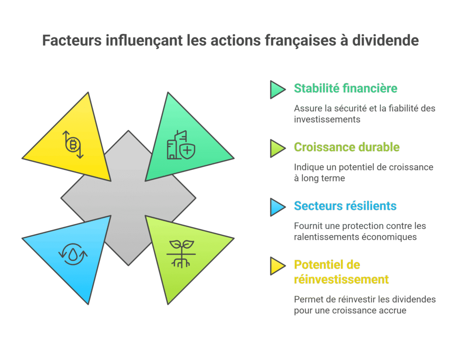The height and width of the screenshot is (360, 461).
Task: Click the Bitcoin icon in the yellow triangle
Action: tap(73, 145)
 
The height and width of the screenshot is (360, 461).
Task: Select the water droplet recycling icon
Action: tap(73, 254)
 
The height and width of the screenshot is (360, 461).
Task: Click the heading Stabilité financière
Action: tap(345, 88)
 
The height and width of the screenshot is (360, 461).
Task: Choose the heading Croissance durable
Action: tap(346, 147)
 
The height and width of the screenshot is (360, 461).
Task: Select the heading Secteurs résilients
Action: tap(345, 206)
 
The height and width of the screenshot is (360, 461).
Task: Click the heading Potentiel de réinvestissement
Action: tap(341, 272)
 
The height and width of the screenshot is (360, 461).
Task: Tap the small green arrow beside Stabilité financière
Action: tap(277, 89)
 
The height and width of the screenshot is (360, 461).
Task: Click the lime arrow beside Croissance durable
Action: tap(277, 148)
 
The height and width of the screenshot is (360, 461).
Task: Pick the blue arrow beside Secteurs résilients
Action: tap(277, 207)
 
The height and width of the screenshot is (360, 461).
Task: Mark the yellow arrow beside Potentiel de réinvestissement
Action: tap(277, 266)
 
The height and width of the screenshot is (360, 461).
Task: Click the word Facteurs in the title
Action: tap(72, 41)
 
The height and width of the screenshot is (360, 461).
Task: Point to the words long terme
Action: tap(323, 178)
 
